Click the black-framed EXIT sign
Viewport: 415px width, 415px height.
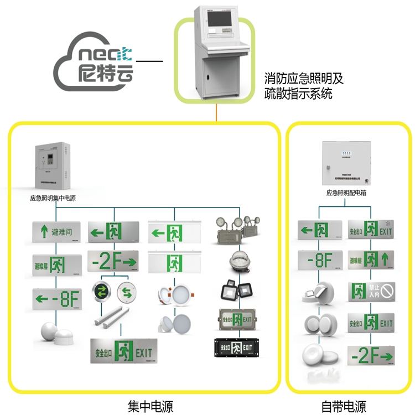(237, 347)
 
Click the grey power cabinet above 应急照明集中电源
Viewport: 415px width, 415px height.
(53, 166)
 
